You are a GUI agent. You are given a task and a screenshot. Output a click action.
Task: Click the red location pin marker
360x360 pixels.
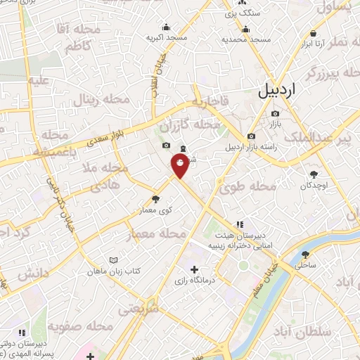181,166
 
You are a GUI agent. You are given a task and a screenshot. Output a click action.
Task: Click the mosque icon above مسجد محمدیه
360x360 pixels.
246,29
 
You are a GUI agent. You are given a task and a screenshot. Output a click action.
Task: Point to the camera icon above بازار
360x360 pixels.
275,113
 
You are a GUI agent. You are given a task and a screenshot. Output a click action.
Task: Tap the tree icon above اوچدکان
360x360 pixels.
314,174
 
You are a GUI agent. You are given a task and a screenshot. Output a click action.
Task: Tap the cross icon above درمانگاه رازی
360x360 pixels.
195,269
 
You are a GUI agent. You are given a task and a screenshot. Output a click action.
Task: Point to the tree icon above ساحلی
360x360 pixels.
306,255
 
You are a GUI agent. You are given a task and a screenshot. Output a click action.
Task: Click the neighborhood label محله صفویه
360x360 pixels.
82,326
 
